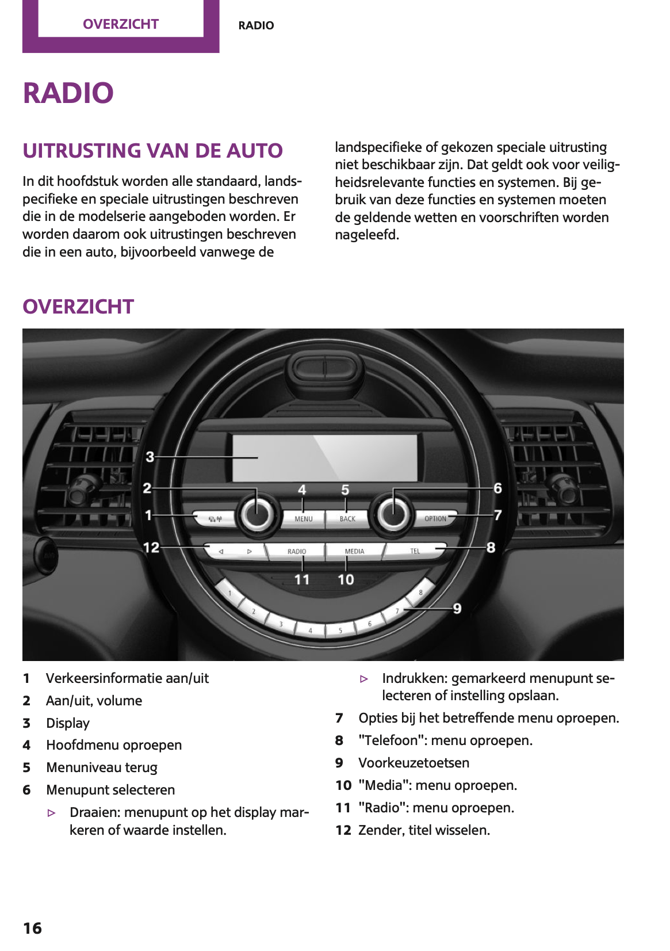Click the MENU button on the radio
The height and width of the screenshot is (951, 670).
[303, 518]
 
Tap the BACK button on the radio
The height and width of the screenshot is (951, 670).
[347, 518]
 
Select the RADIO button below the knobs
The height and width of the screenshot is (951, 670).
[297, 551]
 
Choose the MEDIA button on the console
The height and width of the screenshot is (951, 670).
[354, 551]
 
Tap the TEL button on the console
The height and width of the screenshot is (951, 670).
[415, 551]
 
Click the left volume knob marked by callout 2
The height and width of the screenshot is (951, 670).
[257, 514]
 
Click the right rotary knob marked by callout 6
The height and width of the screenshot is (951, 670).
[393, 514]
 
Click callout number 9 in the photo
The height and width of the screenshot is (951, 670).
[457, 608]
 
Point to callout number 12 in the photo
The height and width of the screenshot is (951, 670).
[151, 547]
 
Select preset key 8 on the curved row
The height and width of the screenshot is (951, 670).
[420, 592]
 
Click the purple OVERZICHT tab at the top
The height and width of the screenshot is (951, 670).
[121, 24]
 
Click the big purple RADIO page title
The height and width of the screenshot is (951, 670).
[68, 93]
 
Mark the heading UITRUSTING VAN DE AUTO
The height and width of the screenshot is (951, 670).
[152, 151]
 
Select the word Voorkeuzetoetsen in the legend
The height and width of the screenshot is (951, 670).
[414, 763]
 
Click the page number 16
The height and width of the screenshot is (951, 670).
[32, 928]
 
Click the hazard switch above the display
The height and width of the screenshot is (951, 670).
[325, 367]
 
